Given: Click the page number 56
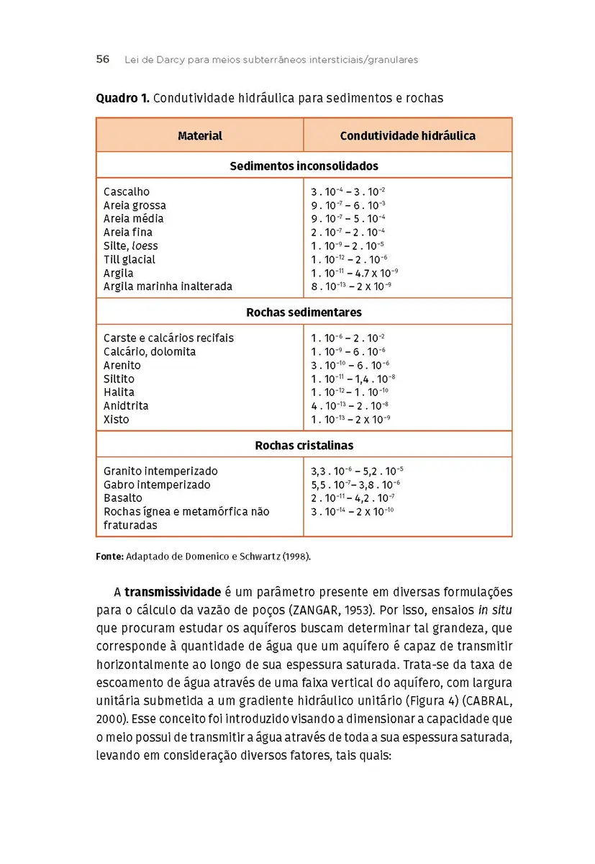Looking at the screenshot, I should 103,60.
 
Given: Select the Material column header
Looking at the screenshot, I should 199,135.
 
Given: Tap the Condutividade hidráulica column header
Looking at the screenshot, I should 407,135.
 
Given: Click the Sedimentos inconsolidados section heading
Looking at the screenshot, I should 304,166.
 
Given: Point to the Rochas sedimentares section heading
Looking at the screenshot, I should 304,312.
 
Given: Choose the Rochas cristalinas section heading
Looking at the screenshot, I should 304,446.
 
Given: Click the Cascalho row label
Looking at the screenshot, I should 127,192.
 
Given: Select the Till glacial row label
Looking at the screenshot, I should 130,259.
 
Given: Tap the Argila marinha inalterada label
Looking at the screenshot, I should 168,287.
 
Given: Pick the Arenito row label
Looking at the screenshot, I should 122,365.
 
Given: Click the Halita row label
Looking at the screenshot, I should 119,392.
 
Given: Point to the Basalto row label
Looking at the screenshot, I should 123,498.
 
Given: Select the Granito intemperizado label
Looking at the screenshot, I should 160,471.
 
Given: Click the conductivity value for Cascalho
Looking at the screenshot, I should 348,192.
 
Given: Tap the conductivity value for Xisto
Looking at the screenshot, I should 350,419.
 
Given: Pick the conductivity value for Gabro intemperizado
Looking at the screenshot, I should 355,485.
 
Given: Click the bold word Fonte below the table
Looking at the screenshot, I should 109,557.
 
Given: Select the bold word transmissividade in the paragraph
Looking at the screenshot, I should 173,593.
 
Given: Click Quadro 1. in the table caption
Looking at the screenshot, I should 122,98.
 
